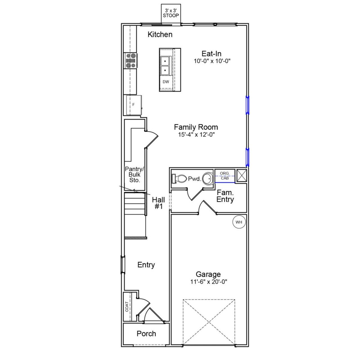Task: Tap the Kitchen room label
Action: pos(160,35)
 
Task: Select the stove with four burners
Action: pos(130,61)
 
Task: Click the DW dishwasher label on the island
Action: pos(166,82)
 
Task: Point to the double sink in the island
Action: pos(166,66)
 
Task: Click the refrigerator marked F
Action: pos(134,105)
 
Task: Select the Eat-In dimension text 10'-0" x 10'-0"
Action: pos(212,61)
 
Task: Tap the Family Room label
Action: pos(196,127)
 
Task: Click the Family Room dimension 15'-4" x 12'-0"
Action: pos(196,135)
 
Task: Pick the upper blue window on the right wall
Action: pos(247,105)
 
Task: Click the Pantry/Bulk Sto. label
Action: pos(134,174)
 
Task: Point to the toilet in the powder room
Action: pos(179,178)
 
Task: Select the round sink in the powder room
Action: pos(208,178)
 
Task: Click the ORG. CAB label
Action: pos(225,176)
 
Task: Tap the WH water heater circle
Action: pos(239,222)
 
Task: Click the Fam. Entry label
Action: pos(225,196)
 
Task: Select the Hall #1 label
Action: pos(158,203)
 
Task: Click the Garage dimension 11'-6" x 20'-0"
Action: pos(208,282)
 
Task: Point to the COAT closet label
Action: pos(127,306)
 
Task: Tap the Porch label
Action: pos(146,334)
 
